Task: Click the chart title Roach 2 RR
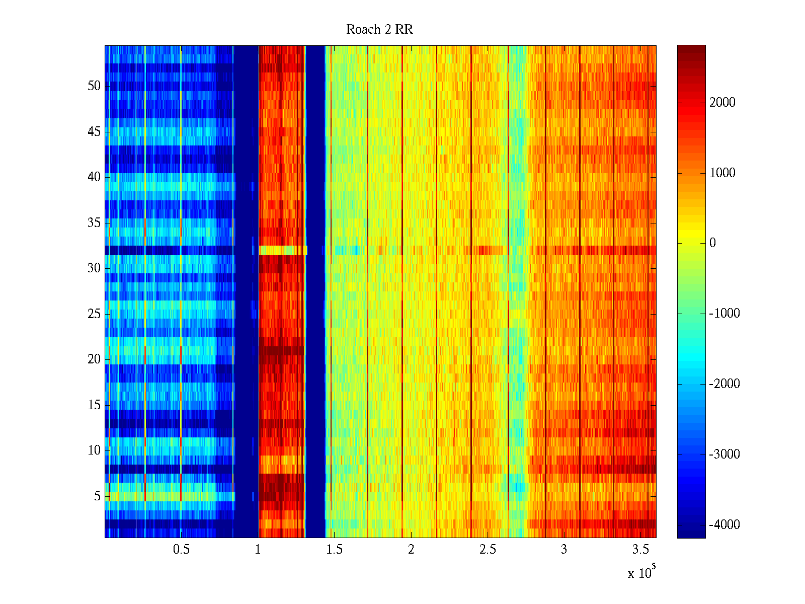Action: point(379,30)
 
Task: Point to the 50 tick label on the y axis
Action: point(94,86)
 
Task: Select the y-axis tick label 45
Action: point(94,132)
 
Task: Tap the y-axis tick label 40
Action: point(94,177)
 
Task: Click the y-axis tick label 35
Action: point(94,223)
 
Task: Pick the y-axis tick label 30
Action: point(94,268)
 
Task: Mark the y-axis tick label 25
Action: point(94,314)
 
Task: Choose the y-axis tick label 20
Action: point(94,359)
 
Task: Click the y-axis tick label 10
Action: point(94,450)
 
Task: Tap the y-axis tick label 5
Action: point(97,496)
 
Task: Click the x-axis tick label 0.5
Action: point(181,550)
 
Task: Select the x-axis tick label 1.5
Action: point(334,550)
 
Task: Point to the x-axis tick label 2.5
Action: point(487,550)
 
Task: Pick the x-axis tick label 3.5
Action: point(640,550)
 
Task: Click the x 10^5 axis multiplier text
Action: point(641,572)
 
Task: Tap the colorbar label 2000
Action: point(722,103)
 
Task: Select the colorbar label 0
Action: point(712,243)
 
